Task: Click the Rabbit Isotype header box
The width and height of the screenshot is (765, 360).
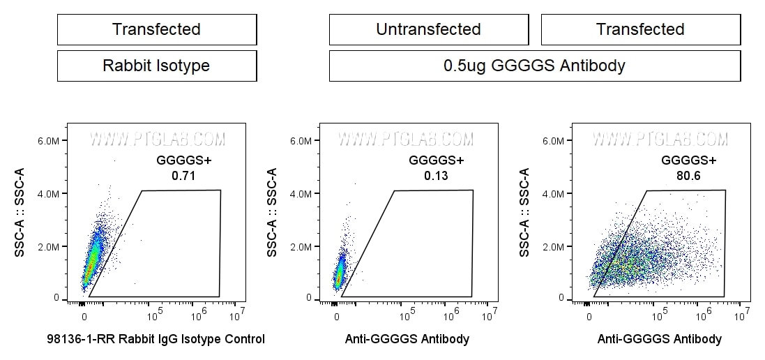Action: coord(156,66)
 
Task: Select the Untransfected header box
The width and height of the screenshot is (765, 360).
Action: coord(428,29)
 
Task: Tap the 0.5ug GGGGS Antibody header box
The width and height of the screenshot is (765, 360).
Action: coord(534,66)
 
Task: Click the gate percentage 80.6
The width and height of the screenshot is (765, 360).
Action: coord(688,176)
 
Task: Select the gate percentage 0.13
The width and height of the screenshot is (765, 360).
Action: coord(436,176)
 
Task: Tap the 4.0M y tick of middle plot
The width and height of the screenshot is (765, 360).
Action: coord(303,193)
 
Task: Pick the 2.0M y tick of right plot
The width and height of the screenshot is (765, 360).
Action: coord(556,246)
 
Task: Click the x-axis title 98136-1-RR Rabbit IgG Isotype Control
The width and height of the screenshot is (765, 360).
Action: coord(156,340)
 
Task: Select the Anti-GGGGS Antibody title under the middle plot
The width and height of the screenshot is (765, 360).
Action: coord(407,340)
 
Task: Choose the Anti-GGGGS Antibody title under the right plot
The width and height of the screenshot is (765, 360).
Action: coord(660,340)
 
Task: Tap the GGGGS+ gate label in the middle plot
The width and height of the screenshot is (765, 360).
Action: coord(436,160)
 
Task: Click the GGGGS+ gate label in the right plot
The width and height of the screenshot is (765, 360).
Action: coord(688,160)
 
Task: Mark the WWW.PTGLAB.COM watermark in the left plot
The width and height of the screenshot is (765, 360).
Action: coord(157,139)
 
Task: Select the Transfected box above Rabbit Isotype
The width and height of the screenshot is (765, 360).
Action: coord(156,29)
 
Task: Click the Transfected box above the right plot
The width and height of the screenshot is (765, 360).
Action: coord(640,29)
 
